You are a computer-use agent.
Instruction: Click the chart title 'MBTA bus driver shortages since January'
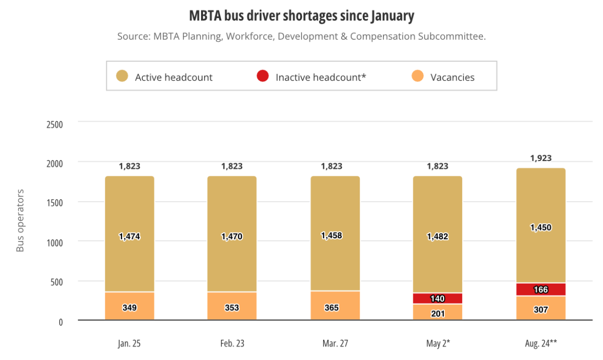click(301, 16)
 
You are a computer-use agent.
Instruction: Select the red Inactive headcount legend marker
click(262, 76)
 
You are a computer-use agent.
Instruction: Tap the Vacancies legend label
click(452, 77)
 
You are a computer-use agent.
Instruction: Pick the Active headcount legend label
click(174, 77)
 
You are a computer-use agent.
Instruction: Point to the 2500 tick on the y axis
click(54, 124)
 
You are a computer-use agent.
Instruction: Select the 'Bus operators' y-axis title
click(20, 221)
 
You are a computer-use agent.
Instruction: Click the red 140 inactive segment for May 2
click(438, 299)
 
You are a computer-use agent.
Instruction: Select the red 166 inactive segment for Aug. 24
click(541, 289)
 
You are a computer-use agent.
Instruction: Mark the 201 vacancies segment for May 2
click(438, 313)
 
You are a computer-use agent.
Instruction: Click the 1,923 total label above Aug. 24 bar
click(541, 158)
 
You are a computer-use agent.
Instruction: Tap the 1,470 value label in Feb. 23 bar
click(232, 237)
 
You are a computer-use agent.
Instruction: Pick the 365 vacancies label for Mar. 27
click(335, 307)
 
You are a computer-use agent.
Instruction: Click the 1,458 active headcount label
click(335, 236)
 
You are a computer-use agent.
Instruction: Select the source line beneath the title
click(301, 37)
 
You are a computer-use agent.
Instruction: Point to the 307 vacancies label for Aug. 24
click(541, 309)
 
